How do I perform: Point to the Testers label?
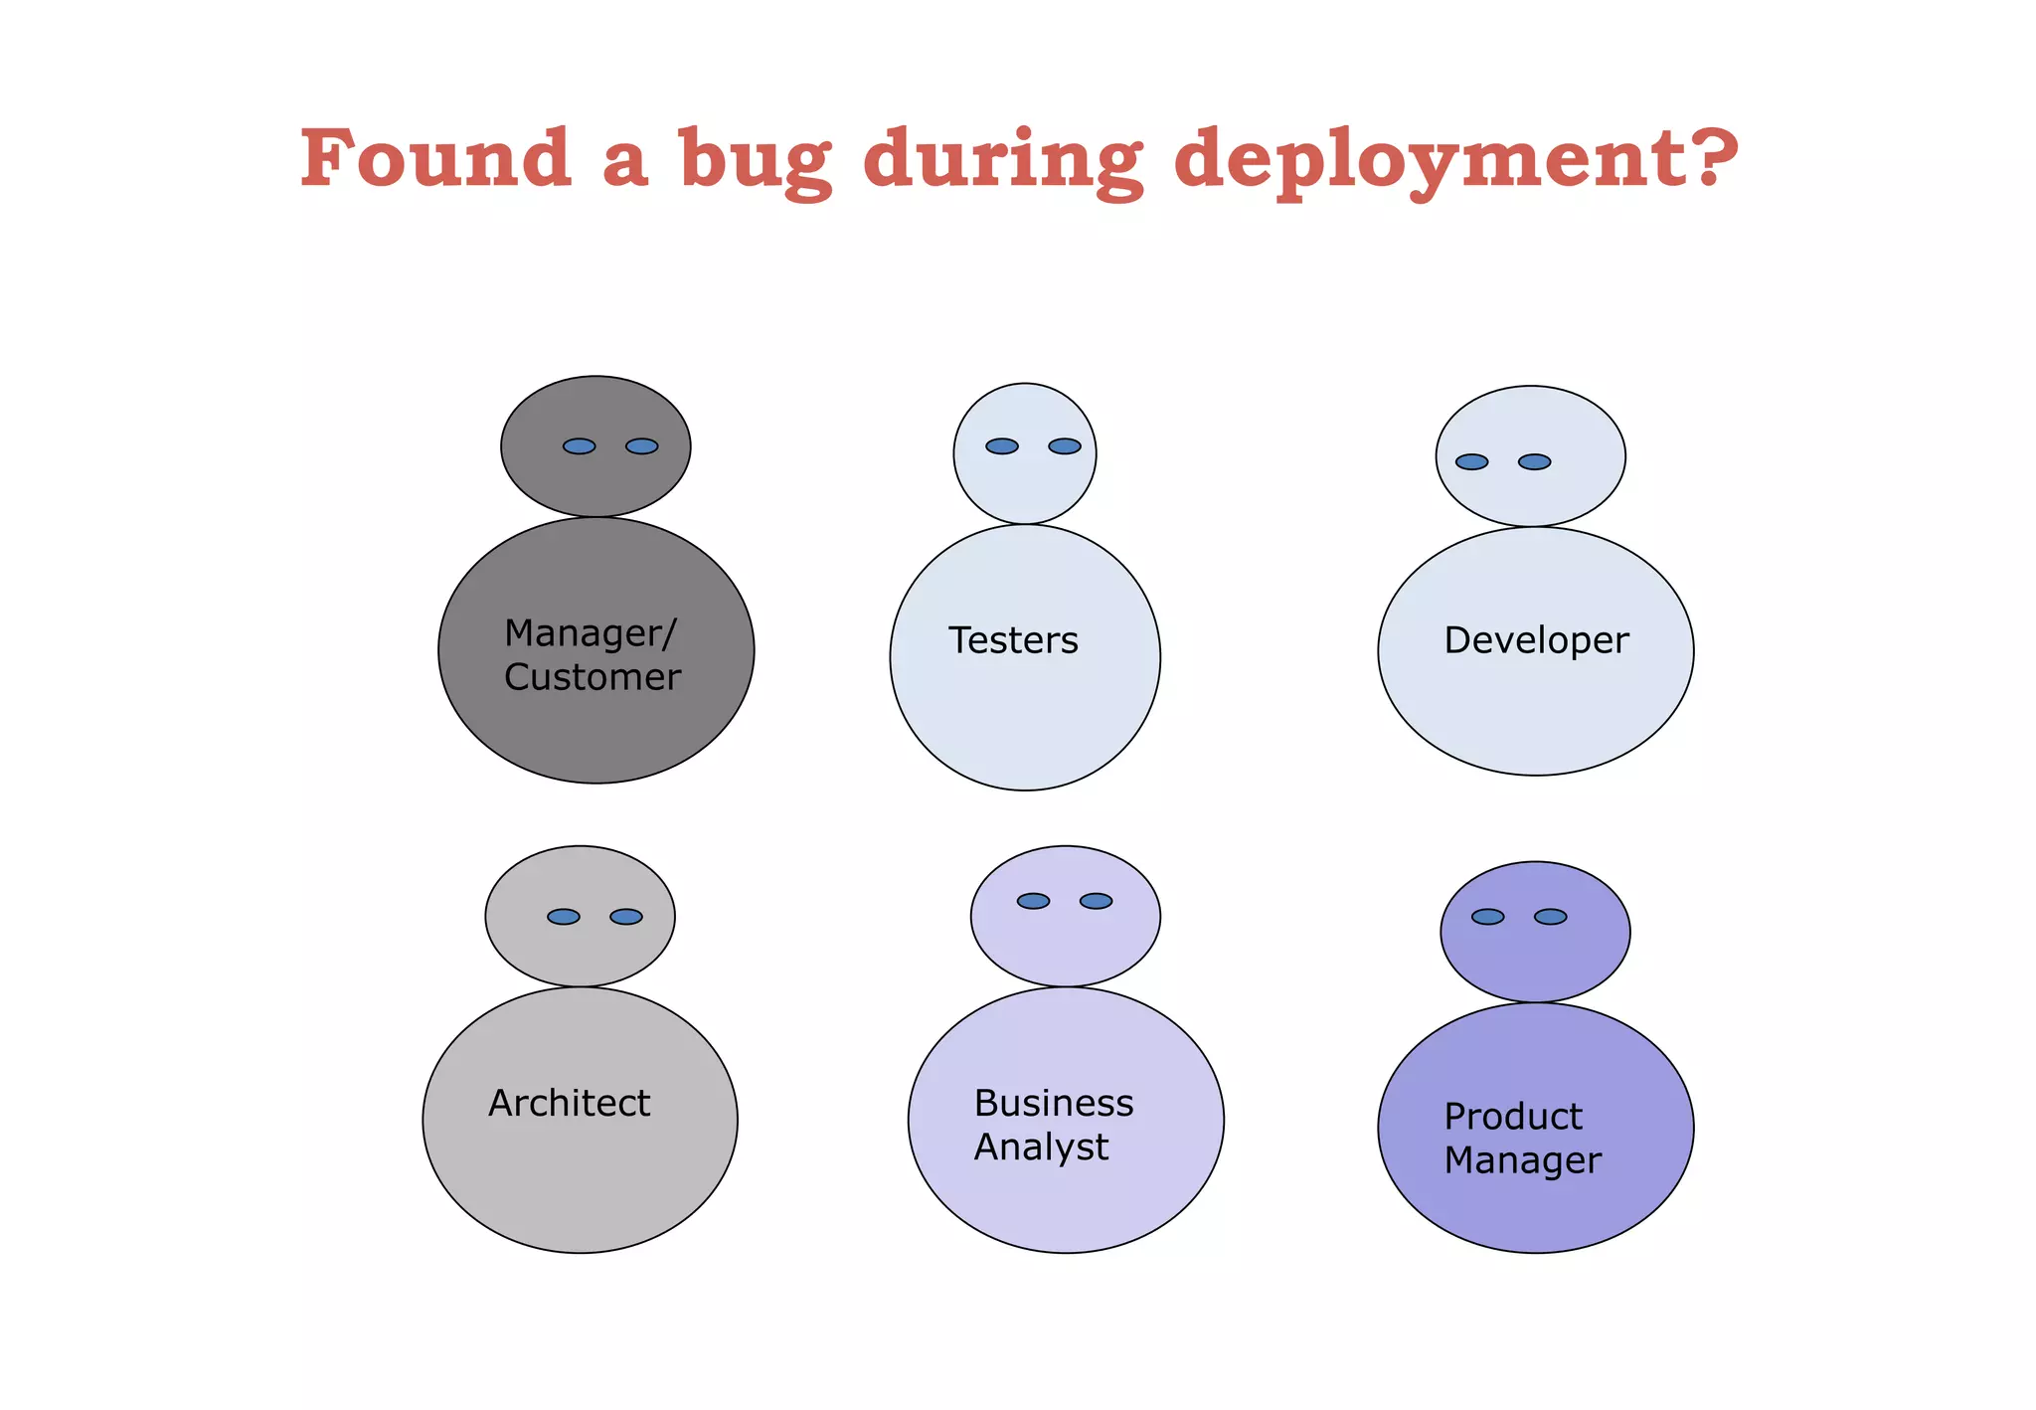(1013, 640)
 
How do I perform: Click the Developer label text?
(1536, 640)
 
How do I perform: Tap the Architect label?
(569, 1103)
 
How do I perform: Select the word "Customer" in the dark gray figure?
(593, 677)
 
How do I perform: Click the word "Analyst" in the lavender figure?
(1041, 1147)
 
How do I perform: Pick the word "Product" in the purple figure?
(1512, 1117)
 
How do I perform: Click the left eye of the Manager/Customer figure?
(579, 446)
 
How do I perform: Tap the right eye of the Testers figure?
(1065, 446)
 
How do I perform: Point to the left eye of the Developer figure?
(1471, 462)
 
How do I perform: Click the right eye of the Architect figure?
(626, 917)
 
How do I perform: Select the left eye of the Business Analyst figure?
(1033, 901)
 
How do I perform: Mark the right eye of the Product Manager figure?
(1550, 917)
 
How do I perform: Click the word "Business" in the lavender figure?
(1054, 1103)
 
